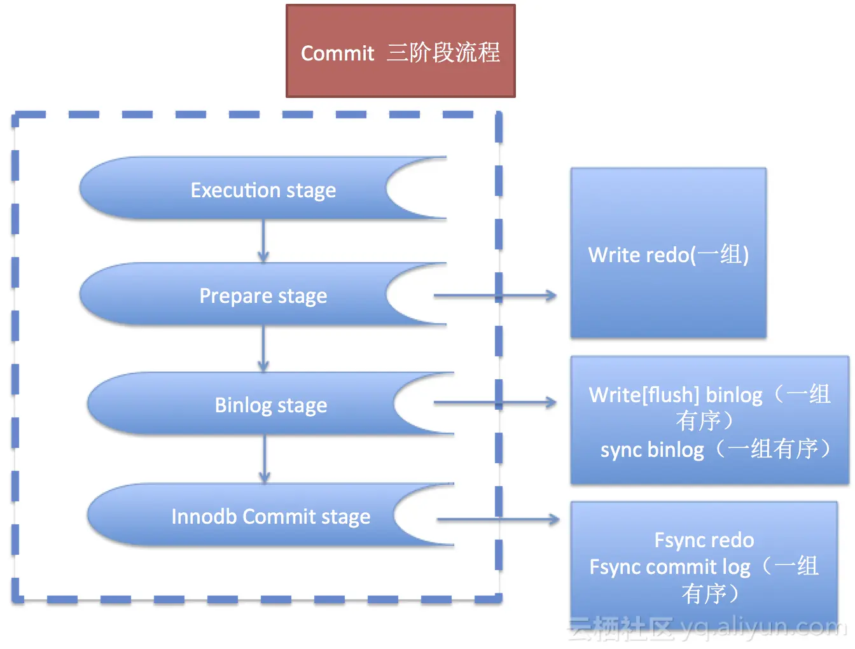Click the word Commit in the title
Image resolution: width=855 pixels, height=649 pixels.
[x=337, y=53]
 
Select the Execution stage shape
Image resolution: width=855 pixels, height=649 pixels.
[x=263, y=189]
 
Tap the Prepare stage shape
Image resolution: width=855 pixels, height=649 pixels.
[x=263, y=295]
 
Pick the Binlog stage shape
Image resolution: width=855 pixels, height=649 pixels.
[x=270, y=405]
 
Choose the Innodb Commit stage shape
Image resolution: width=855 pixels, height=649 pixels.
[x=270, y=516]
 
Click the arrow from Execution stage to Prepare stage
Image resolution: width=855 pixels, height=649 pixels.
[x=263, y=241]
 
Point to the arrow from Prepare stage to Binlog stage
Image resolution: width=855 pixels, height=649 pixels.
[x=263, y=349]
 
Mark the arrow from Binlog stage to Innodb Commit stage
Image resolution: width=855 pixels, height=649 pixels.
[x=265, y=459]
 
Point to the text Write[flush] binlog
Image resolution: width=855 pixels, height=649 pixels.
[x=675, y=394]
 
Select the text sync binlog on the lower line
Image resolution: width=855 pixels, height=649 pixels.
[x=652, y=449]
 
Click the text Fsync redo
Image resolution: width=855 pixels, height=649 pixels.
[x=704, y=540]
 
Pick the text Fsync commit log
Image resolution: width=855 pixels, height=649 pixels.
[x=670, y=566]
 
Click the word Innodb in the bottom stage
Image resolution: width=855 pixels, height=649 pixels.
[x=204, y=516]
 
